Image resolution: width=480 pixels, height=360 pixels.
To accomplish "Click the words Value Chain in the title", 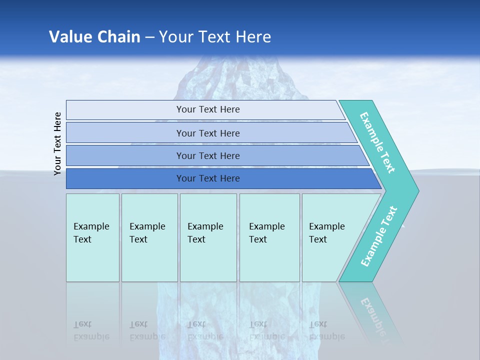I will pyautogui.click(x=94, y=37).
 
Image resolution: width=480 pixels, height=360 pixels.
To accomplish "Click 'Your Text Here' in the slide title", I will pyautogui.click(x=215, y=37).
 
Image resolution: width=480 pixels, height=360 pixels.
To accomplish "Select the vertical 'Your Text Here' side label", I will pyautogui.click(x=58, y=143).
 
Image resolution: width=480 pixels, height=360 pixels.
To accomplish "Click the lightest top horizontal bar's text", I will pyautogui.click(x=208, y=109).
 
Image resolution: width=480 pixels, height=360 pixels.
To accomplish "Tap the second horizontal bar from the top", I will pyautogui.click(x=208, y=133).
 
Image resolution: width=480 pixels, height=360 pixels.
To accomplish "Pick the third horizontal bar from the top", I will pyautogui.click(x=208, y=156).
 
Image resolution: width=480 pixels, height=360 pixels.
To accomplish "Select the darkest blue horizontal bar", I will pyautogui.click(x=208, y=178).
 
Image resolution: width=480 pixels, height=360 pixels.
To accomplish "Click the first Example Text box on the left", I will pyautogui.click(x=92, y=237).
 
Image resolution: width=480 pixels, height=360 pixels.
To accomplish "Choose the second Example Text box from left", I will pyautogui.click(x=149, y=237).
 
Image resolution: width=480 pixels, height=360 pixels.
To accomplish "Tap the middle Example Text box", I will pyautogui.click(x=208, y=237).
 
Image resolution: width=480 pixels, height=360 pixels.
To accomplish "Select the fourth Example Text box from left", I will pyautogui.click(x=269, y=237).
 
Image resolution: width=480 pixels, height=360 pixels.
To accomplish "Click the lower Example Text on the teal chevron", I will pyautogui.click(x=379, y=236).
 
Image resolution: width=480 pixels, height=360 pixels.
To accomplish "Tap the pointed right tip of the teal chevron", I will pyautogui.click(x=416, y=190).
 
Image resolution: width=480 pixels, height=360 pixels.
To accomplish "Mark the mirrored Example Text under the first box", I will pyautogui.click(x=91, y=330).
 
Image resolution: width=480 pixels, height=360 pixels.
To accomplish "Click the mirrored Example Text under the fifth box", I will pyautogui.click(x=327, y=330).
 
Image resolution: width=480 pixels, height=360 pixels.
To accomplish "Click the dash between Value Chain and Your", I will pyautogui.click(x=149, y=37).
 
